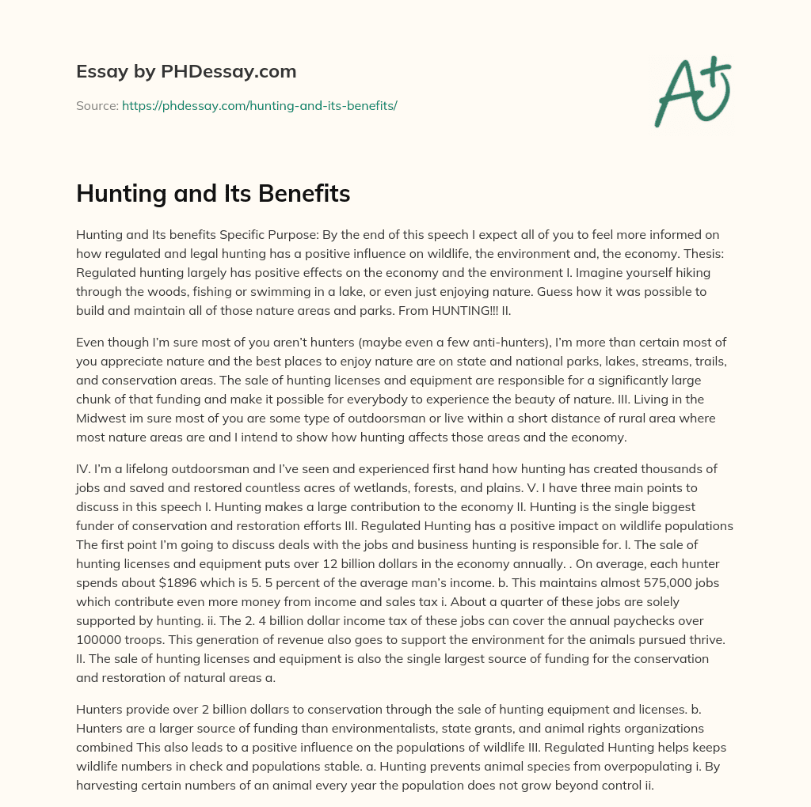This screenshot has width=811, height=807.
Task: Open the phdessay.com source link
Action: click(x=259, y=105)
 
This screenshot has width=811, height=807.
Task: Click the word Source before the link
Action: click(x=96, y=105)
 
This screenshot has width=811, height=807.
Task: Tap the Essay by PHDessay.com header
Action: click(x=186, y=72)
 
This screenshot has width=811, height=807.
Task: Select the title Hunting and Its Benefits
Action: click(x=213, y=193)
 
